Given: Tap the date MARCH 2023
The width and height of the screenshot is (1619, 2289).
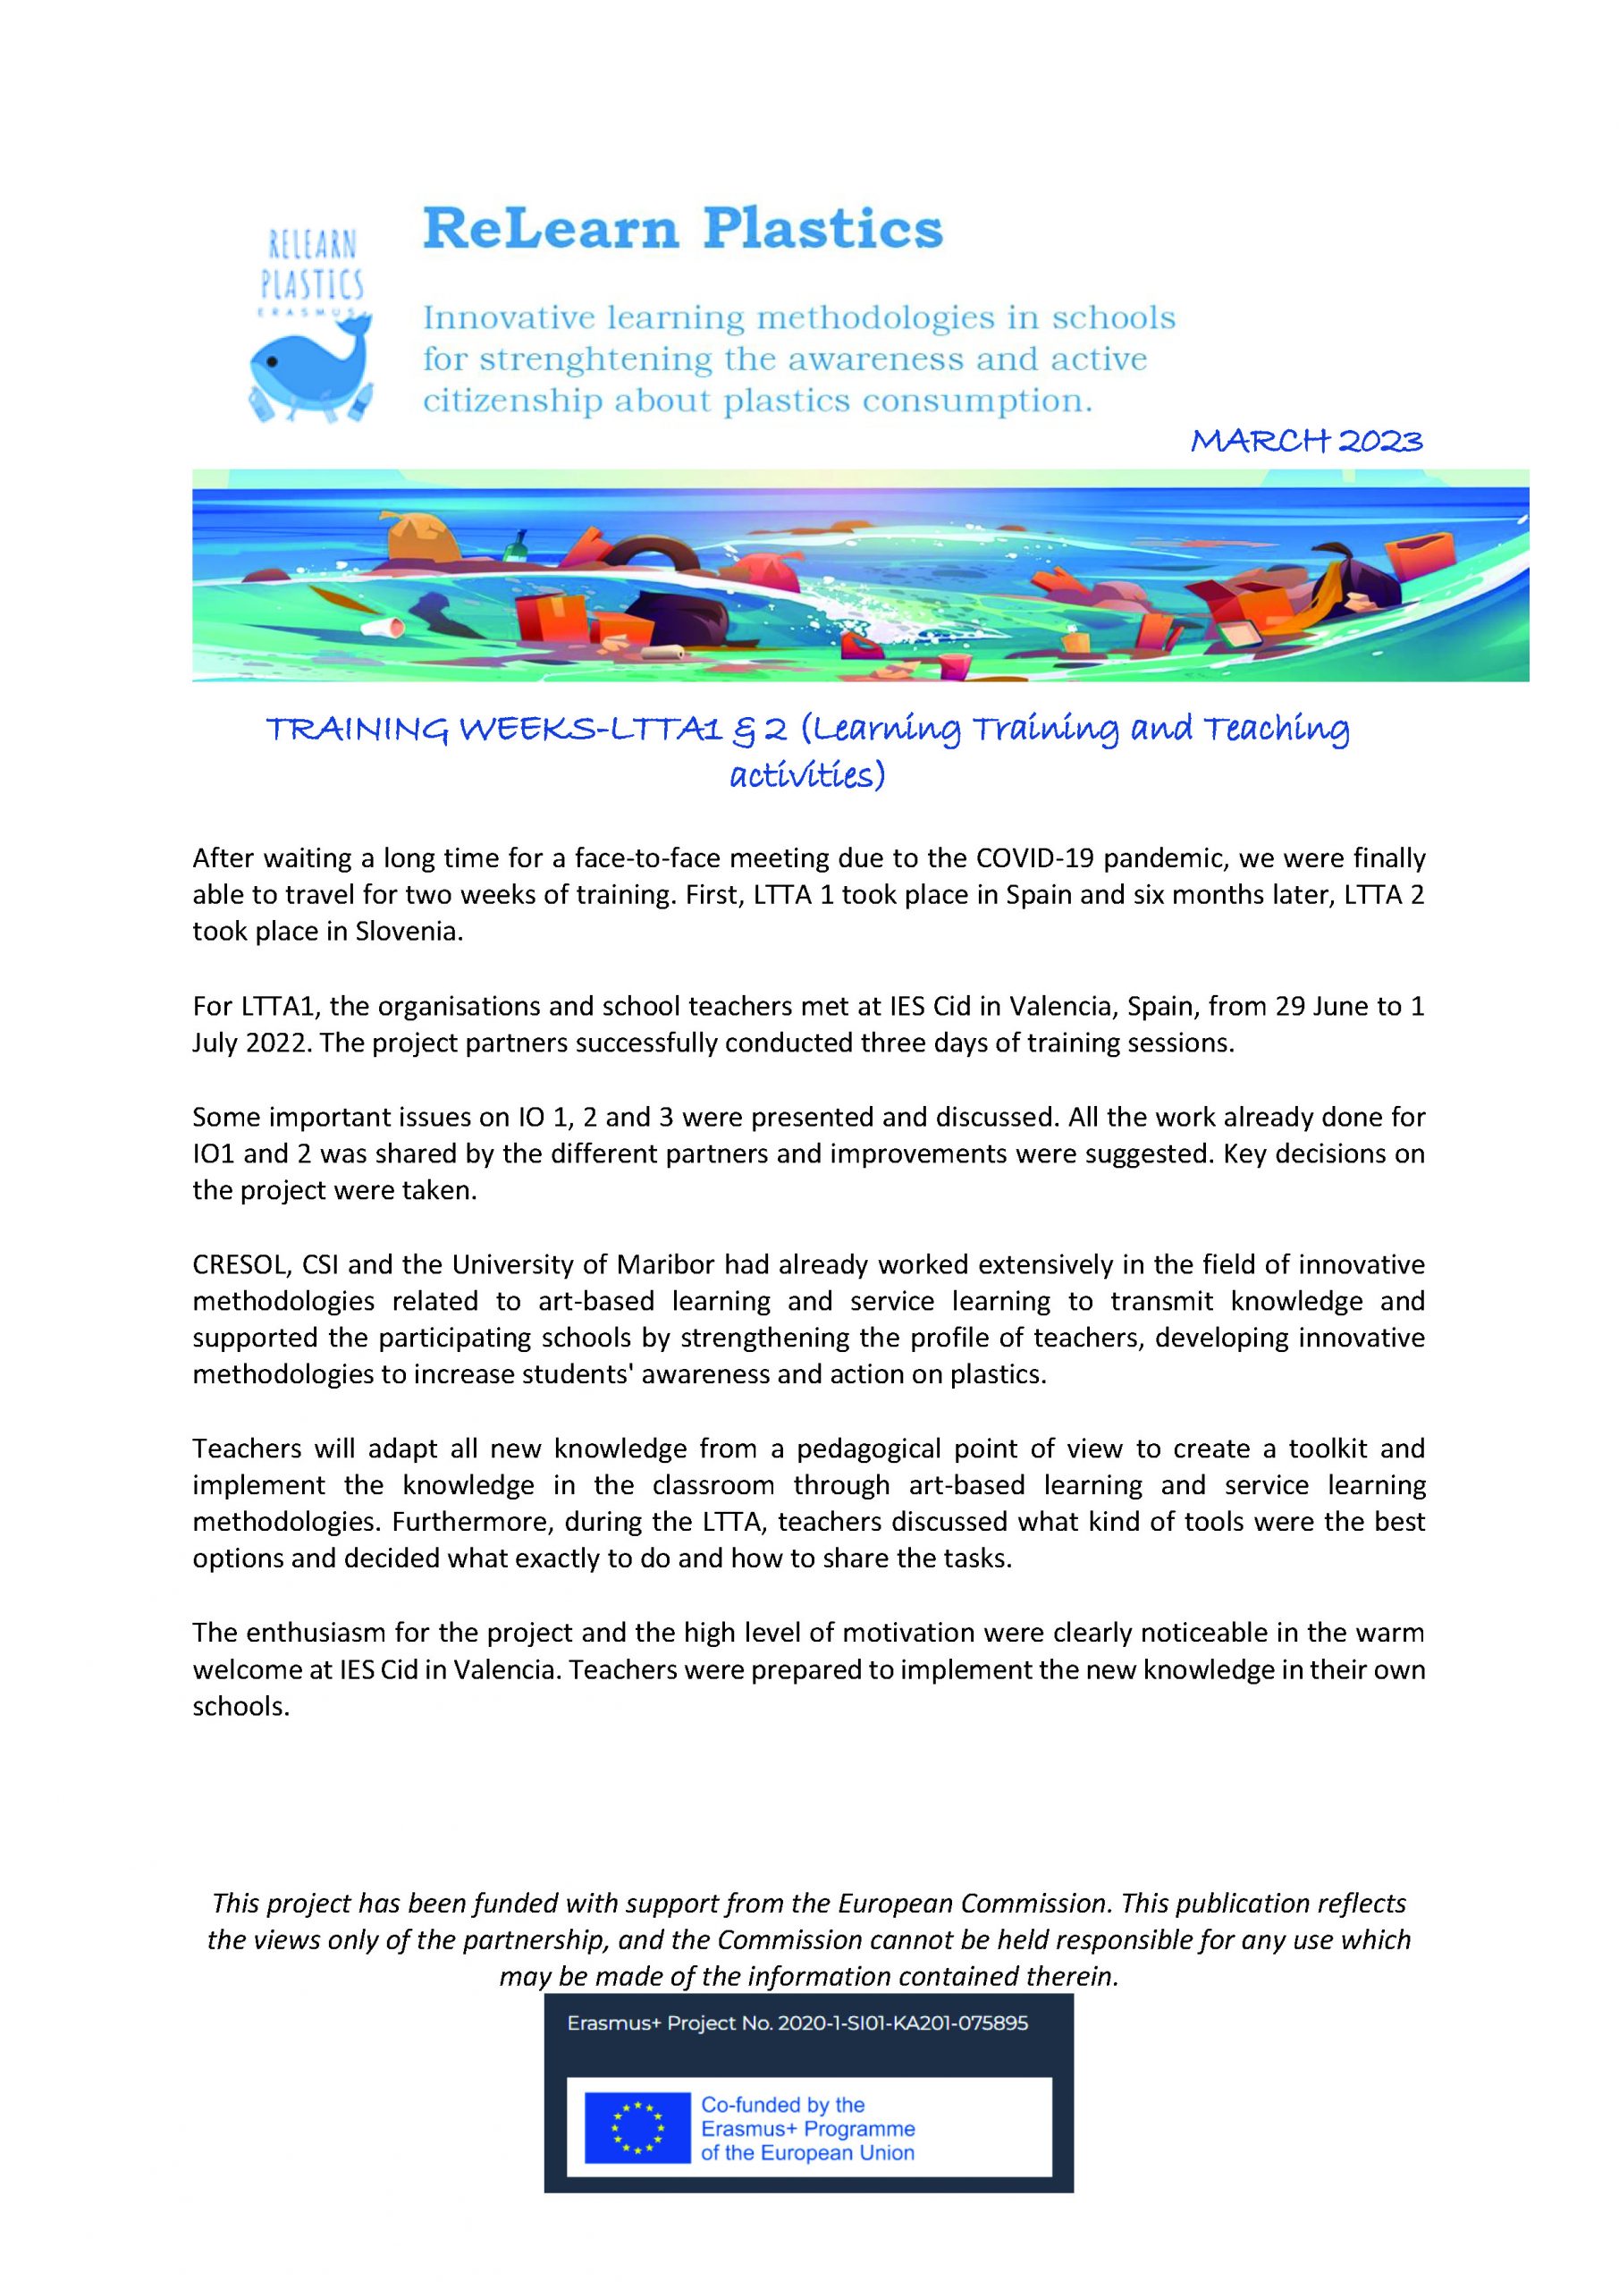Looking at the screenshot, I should pyautogui.click(x=1306, y=441).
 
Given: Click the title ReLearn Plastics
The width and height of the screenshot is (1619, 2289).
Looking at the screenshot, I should pyautogui.click(x=683, y=229).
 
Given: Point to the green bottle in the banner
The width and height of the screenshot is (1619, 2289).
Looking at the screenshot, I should pyautogui.click(x=518, y=546).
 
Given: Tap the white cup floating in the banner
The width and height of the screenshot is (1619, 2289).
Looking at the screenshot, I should pyautogui.click(x=383, y=626).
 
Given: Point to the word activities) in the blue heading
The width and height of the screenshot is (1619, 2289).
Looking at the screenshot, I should pyautogui.click(x=807, y=774).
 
